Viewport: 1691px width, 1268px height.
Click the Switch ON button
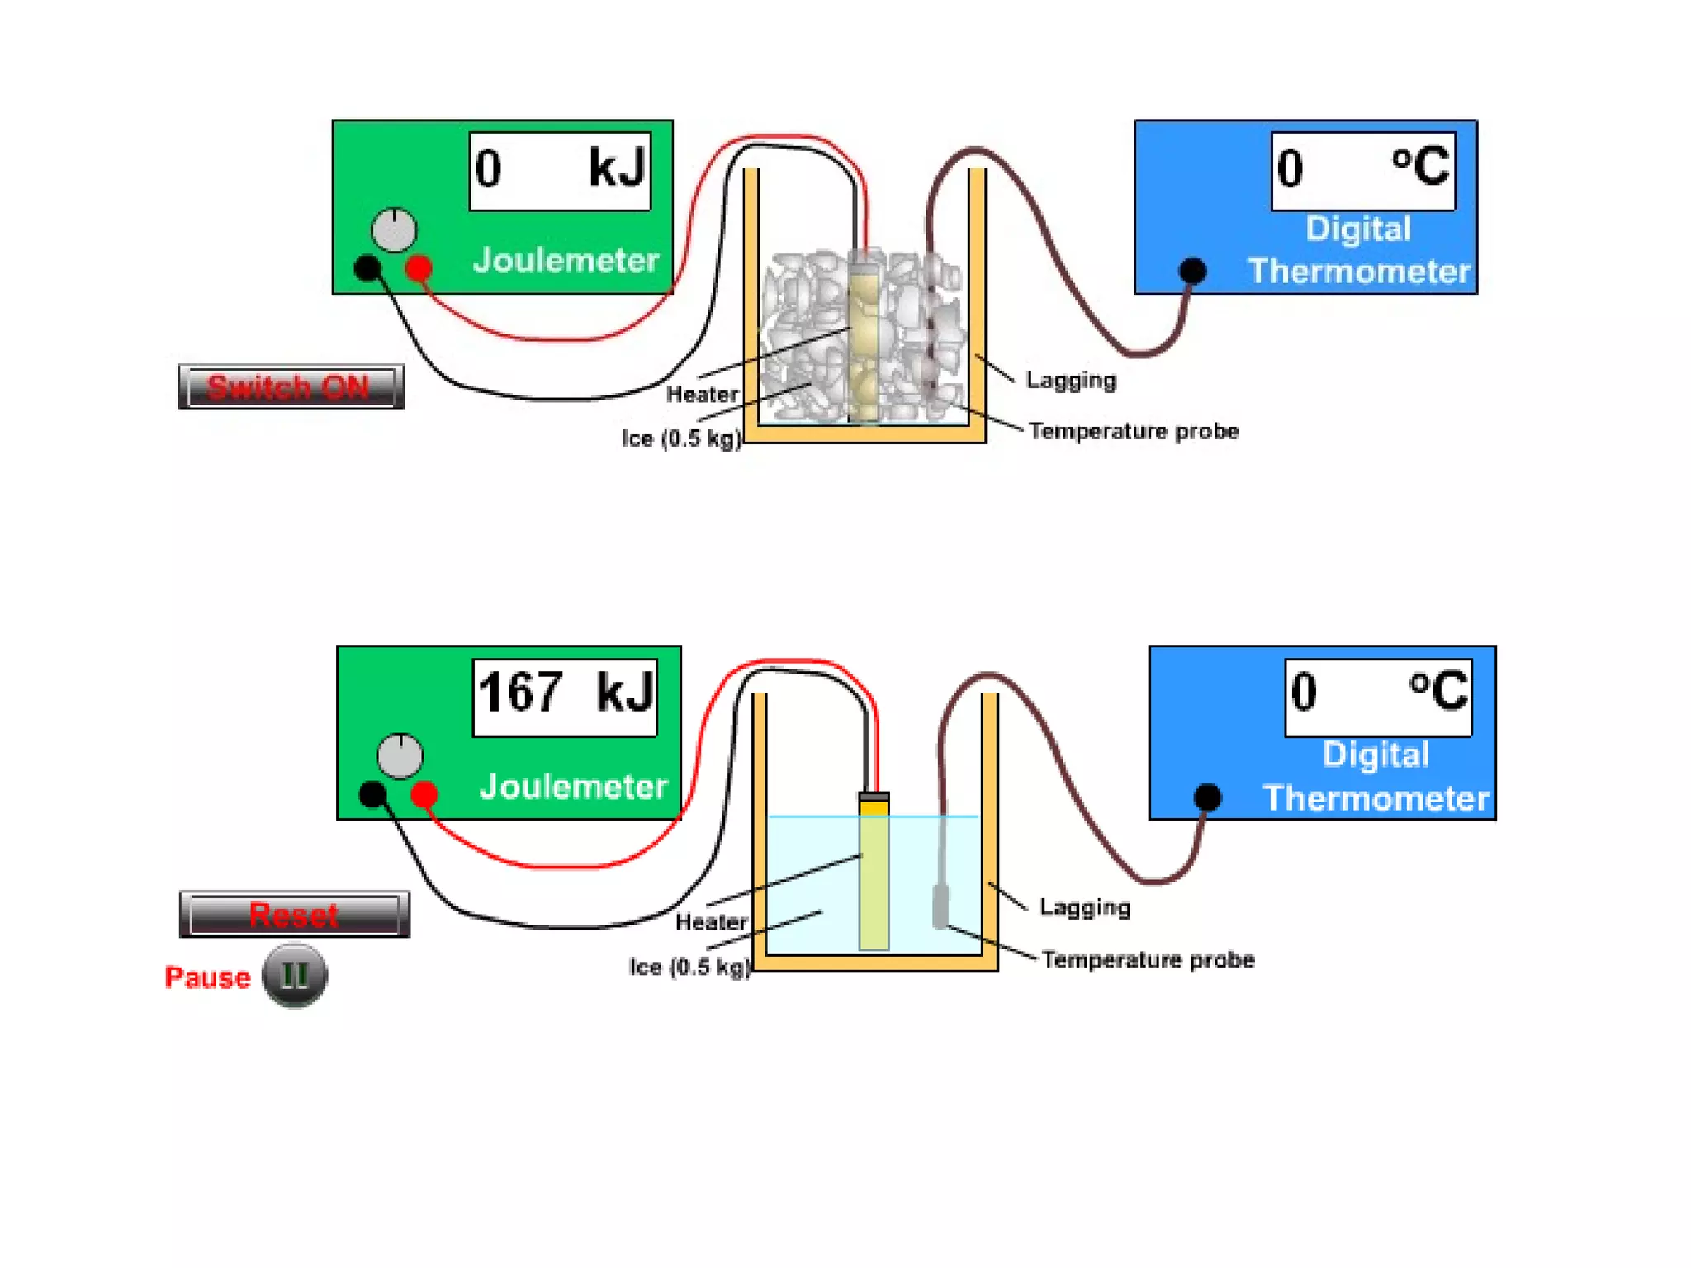(x=291, y=386)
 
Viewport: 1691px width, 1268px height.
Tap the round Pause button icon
(x=295, y=976)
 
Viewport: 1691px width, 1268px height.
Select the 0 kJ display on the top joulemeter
(x=560, y=170)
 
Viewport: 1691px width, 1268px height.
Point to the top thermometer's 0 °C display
(x=1362, y=170)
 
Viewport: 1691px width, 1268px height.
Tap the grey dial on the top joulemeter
(x=394, y=230)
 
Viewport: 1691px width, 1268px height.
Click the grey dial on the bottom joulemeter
(x=400, y=755)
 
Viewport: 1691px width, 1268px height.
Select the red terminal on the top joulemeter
(x=419, y=267)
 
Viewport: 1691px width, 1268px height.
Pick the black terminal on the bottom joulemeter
(x=372, y=794)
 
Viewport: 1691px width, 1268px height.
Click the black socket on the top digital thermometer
(x=1192, y=270)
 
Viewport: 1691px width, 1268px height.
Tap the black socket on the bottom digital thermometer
(x=1207, y=797)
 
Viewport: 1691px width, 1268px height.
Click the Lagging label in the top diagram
(x=1071, y=381)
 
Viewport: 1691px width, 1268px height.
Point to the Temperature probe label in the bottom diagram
(x=1148, y=959)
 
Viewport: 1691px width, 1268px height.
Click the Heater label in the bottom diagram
(x=711, y=921)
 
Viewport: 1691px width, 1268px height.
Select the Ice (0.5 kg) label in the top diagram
(x=681, y=438)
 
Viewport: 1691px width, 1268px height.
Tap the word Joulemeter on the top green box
(x=566, y=261)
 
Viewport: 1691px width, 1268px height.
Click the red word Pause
(x=207, y=977)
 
